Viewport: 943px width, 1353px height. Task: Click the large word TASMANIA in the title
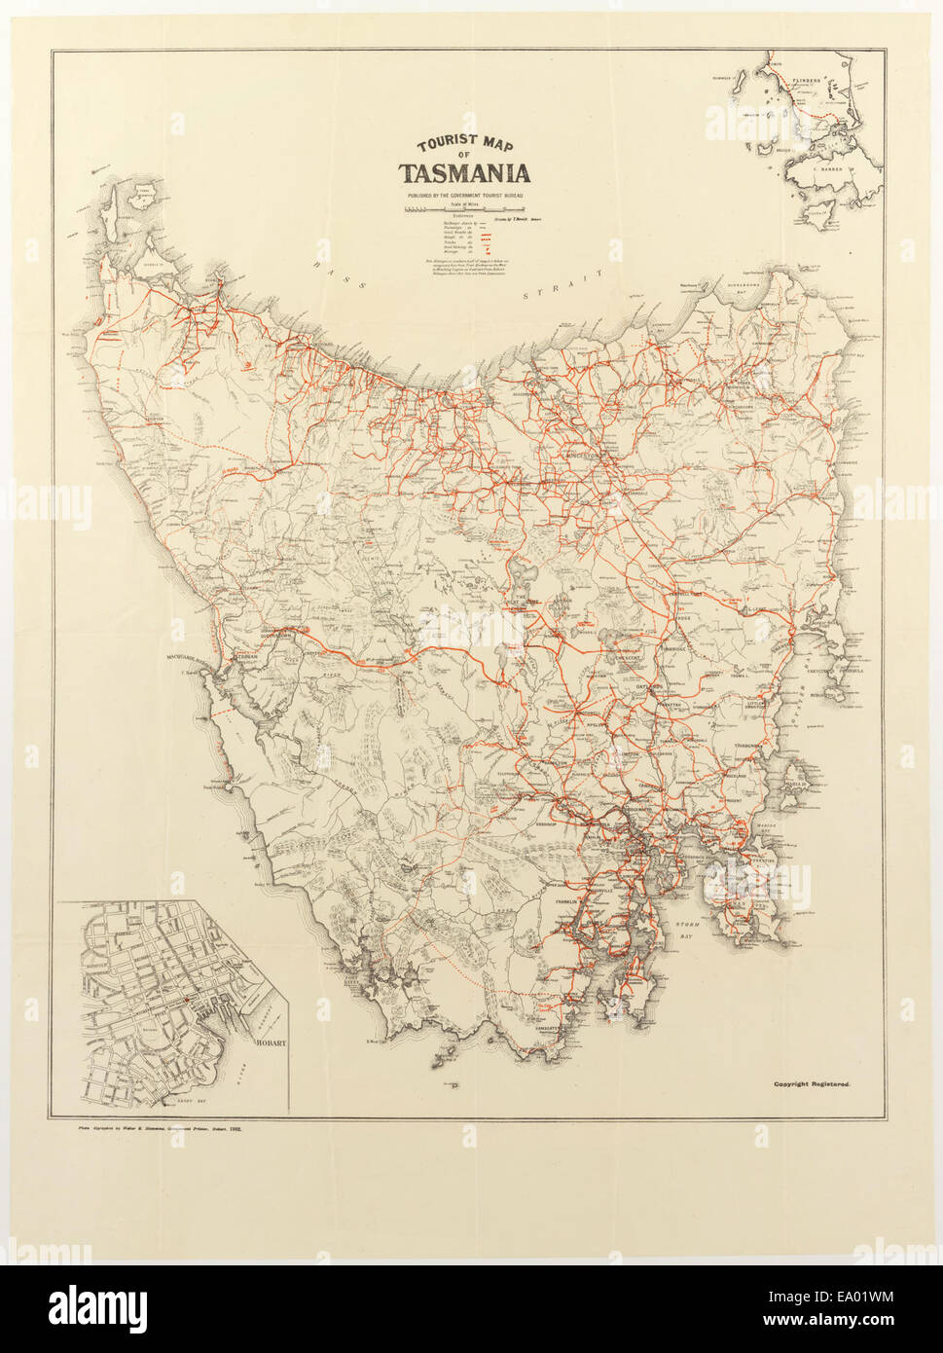point(464,175)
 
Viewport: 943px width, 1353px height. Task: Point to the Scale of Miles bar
point(465,209)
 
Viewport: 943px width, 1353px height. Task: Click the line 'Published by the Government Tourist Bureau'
point(465,196)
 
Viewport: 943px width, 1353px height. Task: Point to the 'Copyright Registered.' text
point(813,1083)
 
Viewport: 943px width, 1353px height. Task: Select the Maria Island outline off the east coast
point(796,776)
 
